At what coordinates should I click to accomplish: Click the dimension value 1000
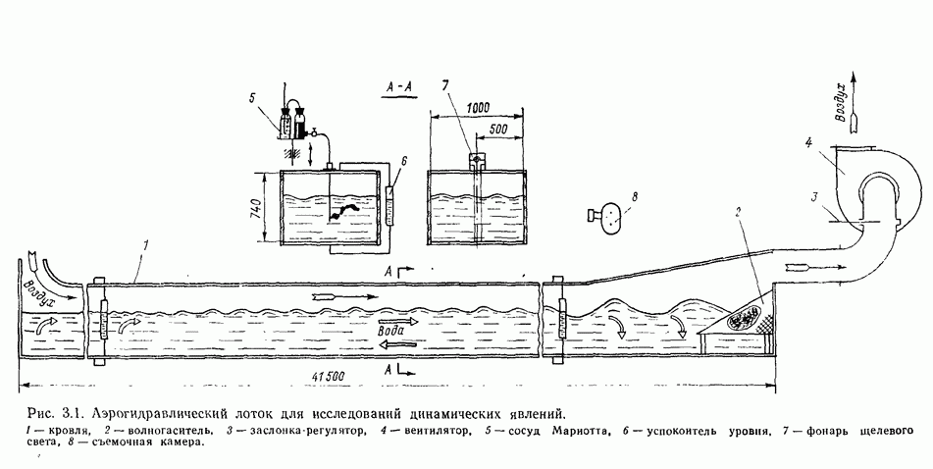(479, 108)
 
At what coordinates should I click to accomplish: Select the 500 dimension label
(498, 129)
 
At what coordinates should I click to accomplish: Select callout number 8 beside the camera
(636, 197)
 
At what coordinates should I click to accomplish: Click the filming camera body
(608, 218)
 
